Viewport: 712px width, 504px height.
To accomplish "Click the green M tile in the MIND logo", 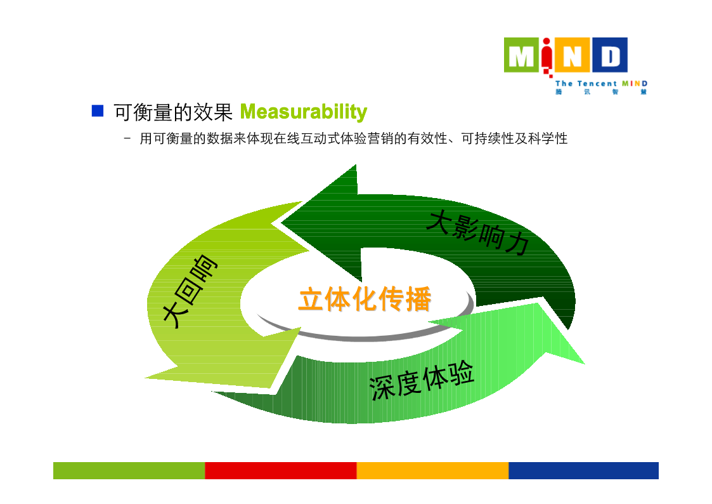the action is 521,55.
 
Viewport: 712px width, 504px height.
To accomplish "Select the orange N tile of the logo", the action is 572,55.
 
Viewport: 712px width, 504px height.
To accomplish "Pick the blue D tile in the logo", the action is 609,55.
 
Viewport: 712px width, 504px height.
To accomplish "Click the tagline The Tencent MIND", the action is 601,84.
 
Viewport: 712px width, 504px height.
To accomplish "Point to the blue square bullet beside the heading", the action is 98,110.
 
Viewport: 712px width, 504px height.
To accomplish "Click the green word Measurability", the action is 303,112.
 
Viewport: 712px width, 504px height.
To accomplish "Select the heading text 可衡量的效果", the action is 173,112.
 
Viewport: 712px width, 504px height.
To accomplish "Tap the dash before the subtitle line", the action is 127,138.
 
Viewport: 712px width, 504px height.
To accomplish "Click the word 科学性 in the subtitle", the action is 548,138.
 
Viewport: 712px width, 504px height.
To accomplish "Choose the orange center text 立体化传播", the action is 365,299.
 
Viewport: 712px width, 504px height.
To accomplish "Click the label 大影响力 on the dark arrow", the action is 477,232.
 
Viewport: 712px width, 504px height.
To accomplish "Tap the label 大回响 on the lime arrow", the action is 190,291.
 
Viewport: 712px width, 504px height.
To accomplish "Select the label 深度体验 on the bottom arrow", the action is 422,381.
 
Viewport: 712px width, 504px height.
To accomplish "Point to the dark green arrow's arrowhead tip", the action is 281,223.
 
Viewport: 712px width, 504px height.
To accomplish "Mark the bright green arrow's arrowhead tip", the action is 585,364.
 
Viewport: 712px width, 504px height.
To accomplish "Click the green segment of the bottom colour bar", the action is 129,470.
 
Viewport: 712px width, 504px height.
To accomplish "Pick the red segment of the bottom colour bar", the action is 281,470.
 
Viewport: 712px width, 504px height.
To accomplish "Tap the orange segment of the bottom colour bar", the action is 432,470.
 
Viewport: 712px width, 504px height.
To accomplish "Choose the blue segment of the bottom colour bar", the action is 583,470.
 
